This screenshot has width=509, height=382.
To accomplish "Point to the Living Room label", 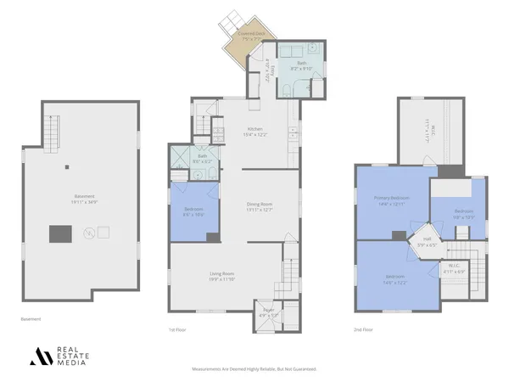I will point(222,273).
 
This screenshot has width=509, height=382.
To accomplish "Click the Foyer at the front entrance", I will point(269,313).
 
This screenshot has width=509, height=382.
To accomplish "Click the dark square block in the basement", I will point(60,233).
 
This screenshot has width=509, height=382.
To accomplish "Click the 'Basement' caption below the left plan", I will point(31,319).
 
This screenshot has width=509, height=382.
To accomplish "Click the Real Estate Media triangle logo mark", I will point(41,356).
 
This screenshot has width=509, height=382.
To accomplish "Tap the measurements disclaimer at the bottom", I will point(255,369).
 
